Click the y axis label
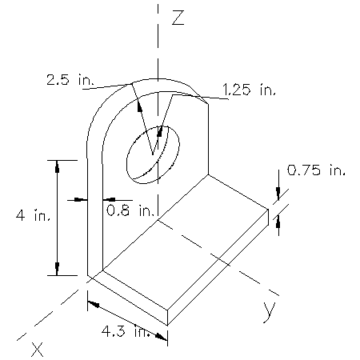click(x=270, y=310)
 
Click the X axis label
click(x=37, y=348)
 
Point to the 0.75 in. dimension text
click(x=317, y=170)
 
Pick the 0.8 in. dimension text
click(x=130, y=211)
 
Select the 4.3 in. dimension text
click(x=125, y=330)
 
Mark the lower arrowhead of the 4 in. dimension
click(x=57, y=269)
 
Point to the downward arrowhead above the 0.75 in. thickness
click(x=278, y=193)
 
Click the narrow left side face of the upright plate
click(x=94, y=216)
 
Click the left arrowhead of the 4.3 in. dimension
click(x=90, y=302)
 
